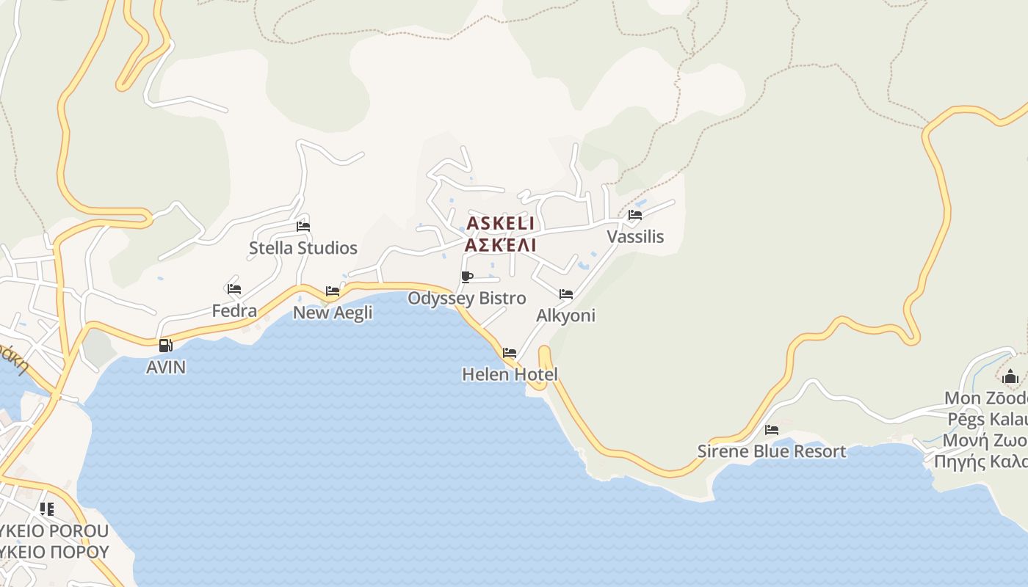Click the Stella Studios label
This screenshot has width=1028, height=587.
tap(303, 248)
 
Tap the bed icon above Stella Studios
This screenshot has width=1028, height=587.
tap(303, 227)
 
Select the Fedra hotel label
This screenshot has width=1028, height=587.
tap(234, 311)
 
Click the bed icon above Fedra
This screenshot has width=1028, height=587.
tap(234, 289)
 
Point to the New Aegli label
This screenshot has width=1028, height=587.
tap(333, 313)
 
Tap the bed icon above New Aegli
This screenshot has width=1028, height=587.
tap(333, 291)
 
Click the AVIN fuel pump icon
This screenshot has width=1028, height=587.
tap(166, 346)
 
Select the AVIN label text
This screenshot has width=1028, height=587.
tap(166, 367)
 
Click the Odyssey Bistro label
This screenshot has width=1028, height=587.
tap(467, 298)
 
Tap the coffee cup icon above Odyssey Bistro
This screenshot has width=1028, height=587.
tap(467, 277)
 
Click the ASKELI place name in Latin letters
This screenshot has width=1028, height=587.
tap(501, 223)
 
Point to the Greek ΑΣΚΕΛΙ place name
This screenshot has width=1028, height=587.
tap(501, 244)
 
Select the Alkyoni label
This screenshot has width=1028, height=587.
tap(565, 316)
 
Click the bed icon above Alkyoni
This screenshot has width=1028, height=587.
tap(566, 294)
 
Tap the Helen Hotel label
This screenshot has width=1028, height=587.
tap(510, 374)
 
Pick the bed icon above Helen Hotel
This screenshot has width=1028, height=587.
tap(510, 353)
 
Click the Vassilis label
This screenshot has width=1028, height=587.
tap(635, 236)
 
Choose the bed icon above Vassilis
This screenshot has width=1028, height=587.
tap(635, 215)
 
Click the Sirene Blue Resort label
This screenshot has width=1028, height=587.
tap(772, 451)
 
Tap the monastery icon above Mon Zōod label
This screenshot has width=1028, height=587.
tap(1010, 377)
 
